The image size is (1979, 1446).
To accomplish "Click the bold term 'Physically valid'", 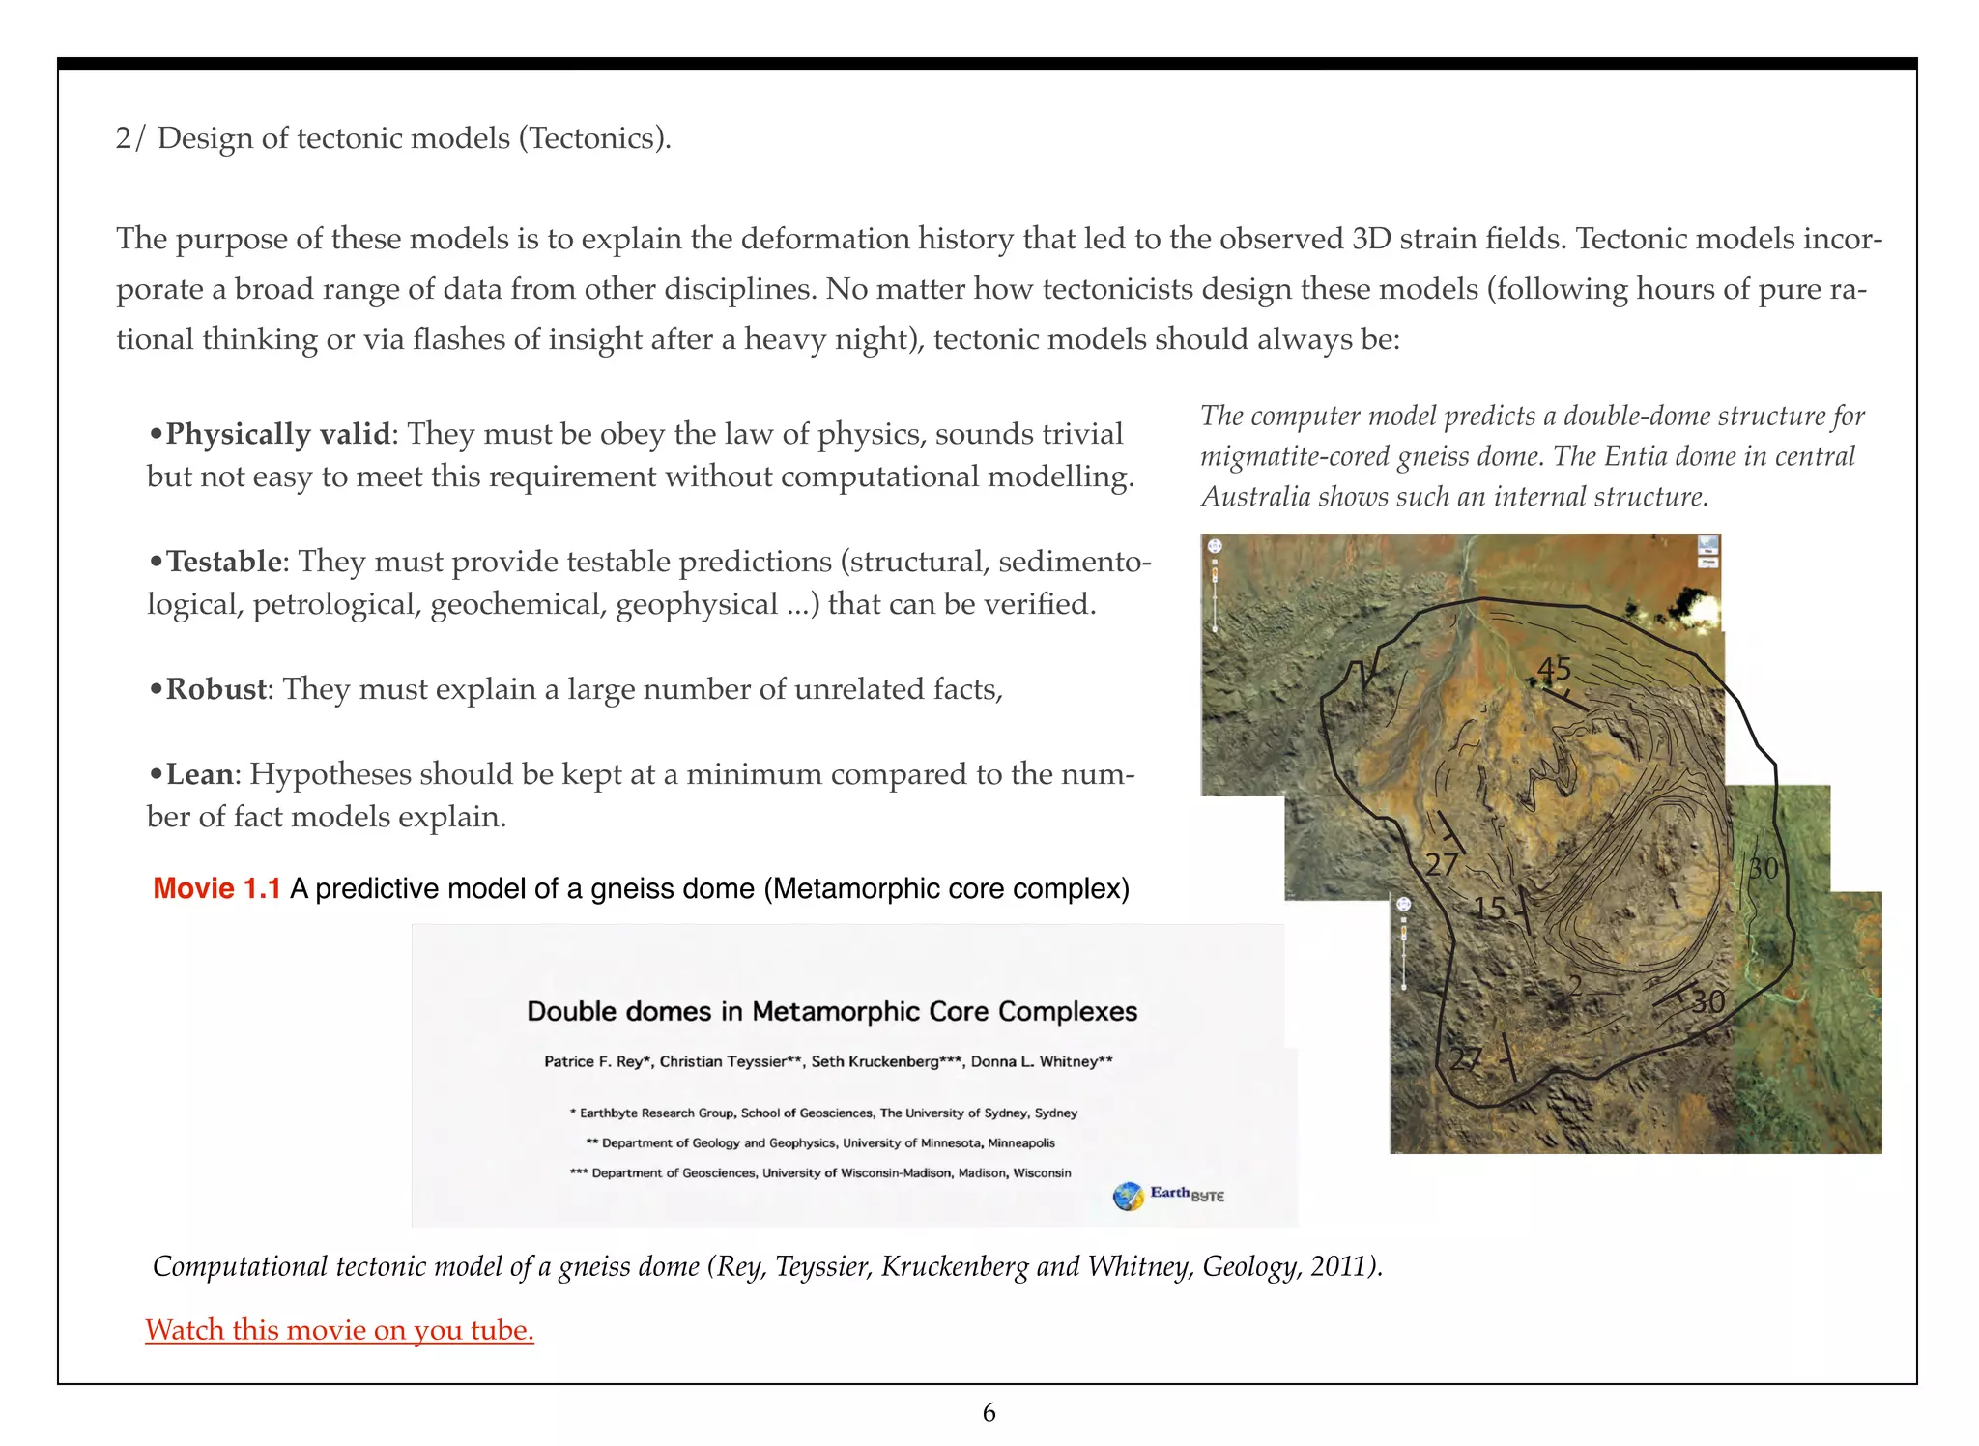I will pos(277,434).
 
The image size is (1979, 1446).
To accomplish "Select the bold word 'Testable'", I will pos(223,562).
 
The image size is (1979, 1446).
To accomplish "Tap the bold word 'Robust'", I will pos(216,689).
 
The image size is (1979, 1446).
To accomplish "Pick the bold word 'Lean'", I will pos(200,774).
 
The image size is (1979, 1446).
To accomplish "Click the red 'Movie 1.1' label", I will pos(216,888).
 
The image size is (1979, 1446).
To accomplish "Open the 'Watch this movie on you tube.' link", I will pos(339,1330).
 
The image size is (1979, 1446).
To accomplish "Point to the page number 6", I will pos(989,1413).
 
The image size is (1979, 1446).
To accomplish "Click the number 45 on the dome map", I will pos(1554,669).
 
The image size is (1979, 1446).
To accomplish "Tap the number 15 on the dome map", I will pos(1489,908).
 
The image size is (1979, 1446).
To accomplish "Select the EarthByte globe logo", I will pos(1128,1197).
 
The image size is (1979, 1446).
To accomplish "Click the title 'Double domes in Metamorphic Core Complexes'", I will pos(832,1012).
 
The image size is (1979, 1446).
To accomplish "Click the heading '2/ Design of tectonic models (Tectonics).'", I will pos(393,138).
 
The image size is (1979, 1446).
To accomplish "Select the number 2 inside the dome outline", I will pos(1575,985).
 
